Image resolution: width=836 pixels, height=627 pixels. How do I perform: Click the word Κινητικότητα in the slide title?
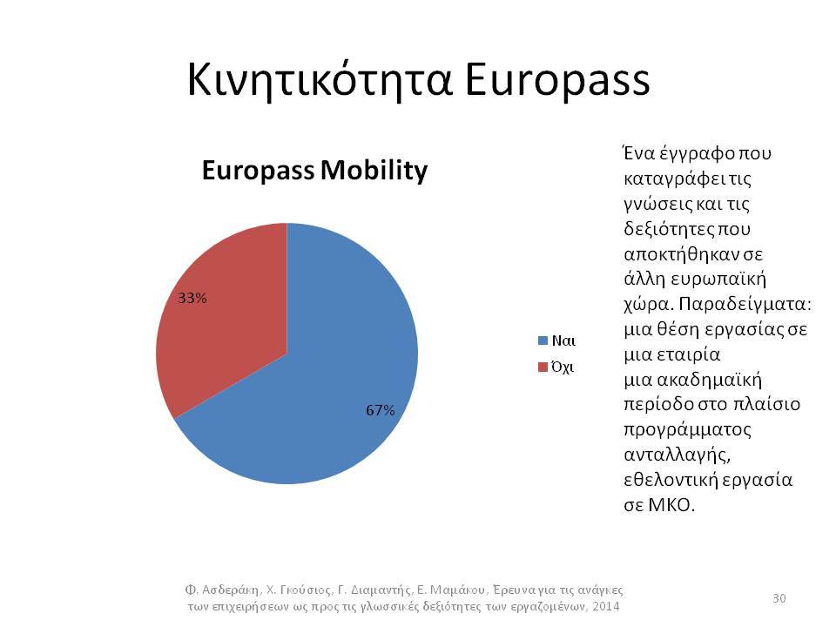pyautogui.click(x=320, y=80)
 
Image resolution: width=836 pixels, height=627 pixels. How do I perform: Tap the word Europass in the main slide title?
pyautogui.click(x=557, y=80)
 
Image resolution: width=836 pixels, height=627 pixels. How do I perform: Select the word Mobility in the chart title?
pyautogui.click(x=374, y=172)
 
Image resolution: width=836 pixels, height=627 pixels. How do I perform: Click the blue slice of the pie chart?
pyautogui.click(x=320, y=384)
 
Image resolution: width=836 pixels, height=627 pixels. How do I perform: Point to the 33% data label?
pyautogui.click(x=192, y=298)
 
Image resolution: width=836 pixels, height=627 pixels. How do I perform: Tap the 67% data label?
pyautogui.click(x=381, y=410)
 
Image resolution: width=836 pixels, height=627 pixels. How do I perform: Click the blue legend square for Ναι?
pyautogui.click(x=543, y=340)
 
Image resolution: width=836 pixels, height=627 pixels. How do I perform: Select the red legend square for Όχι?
pyautogui.click(x=543, y=367)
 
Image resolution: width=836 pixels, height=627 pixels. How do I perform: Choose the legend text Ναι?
pyautogui.click(x=563, y=340)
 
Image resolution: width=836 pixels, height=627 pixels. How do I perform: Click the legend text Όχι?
pyautogui.click(x=563, y=367)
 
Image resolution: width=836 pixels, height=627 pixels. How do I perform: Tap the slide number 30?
pyautogui.click(x=779, y=598)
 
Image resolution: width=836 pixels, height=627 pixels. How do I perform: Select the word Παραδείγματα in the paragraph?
pyautogui.click(x=745, y=305)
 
